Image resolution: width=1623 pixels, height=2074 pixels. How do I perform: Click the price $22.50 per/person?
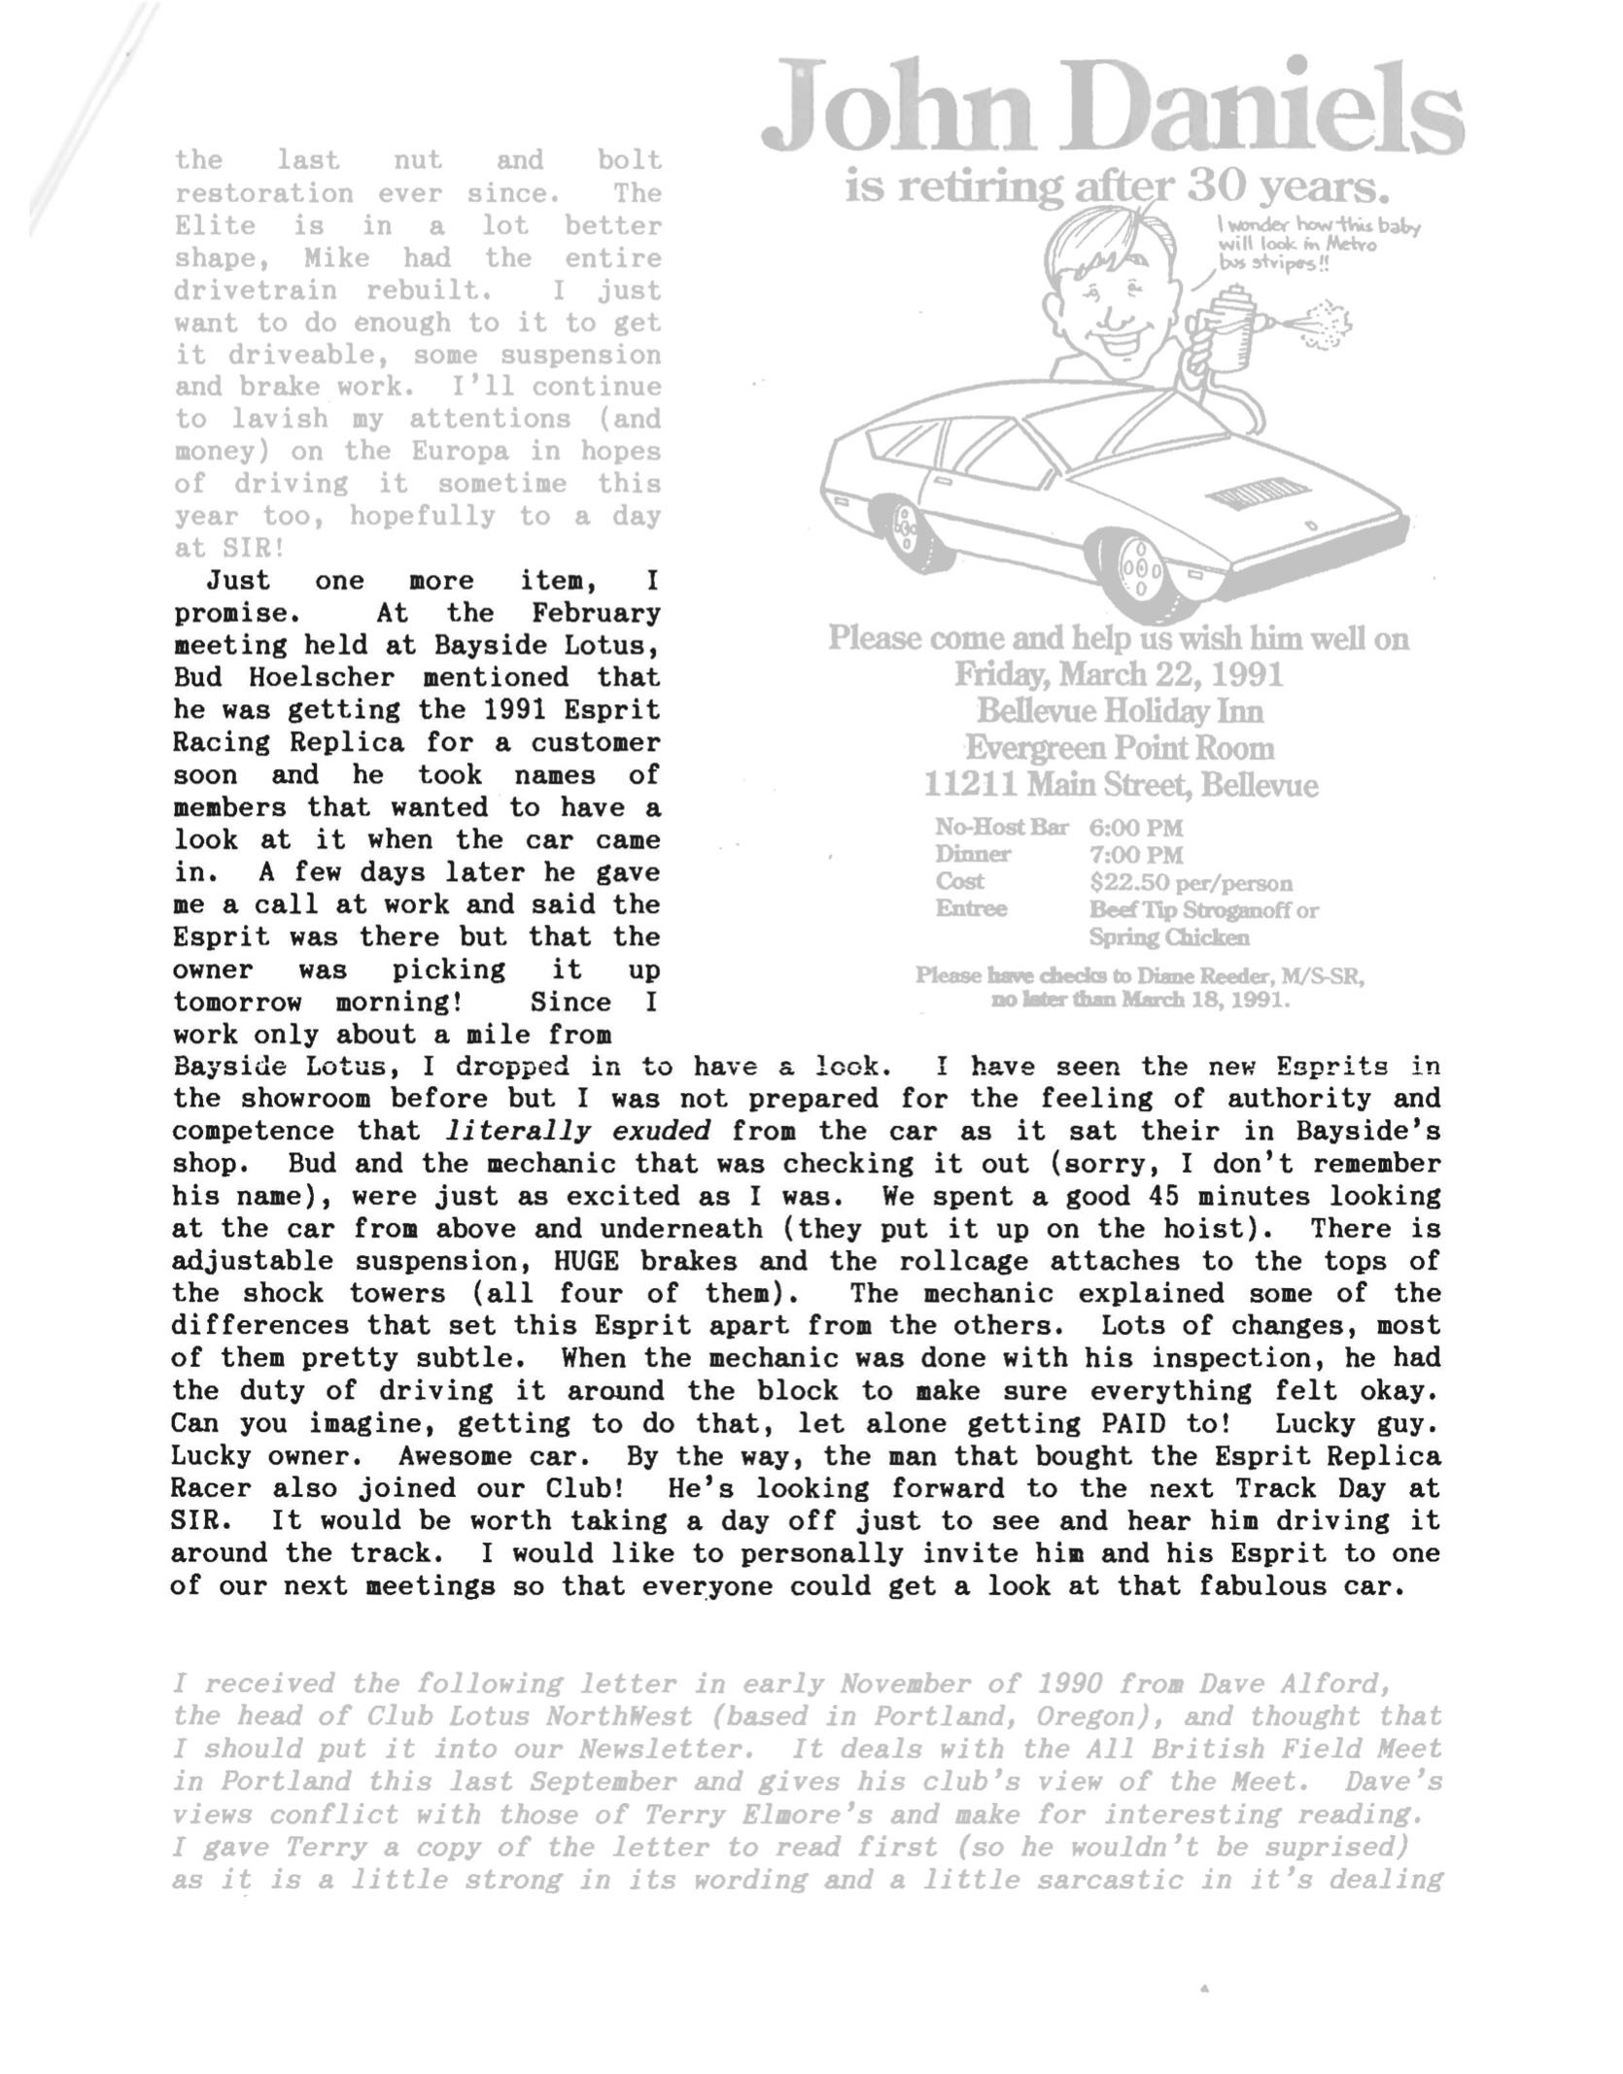1191,883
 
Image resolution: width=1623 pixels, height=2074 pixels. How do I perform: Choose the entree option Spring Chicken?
1168,937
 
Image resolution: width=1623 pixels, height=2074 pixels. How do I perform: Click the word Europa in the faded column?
460,452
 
